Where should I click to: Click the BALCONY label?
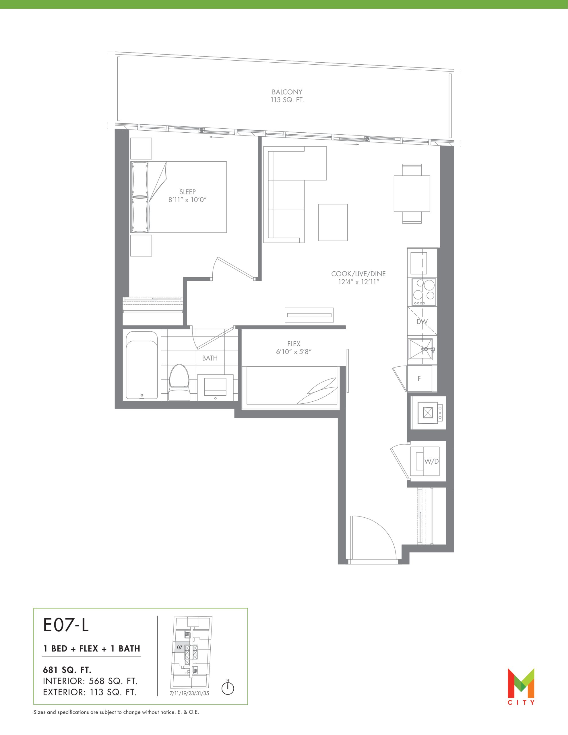(x=287, y=92)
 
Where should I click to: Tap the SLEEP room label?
(x=187, y=192)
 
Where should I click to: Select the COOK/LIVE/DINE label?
(x=358, y=274)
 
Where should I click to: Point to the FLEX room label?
(x=294, y=344)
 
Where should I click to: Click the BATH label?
(x=210, y=358)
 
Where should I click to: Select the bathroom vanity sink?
(x=215, y=387)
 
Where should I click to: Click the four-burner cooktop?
(x=422, y=292)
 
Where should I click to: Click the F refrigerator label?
(x=419, y=379)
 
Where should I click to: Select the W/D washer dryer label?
(x=432, y=461)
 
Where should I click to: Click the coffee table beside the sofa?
(x=333, y=223)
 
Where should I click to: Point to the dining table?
(x=412, y=194)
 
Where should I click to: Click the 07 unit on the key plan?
(x=180, y=647)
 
